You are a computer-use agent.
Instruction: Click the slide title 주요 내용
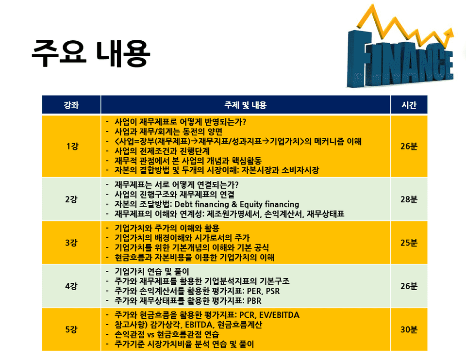tap(91, 53)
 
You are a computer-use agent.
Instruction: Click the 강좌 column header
tap(71, 105)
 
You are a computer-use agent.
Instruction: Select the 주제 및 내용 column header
tap(246, 105)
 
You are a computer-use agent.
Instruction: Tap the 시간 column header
tap(409, 105)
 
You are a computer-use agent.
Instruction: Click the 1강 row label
tap(72, 146)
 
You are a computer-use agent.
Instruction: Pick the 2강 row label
tap(71, 199)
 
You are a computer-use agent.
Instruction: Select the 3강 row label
tap(71, 243)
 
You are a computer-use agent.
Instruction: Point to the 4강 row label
tap(71, 286)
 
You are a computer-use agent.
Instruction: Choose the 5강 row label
tap(71, 329)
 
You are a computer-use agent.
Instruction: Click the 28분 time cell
tap(409, 199)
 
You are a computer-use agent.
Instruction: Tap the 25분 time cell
tap(409, 243)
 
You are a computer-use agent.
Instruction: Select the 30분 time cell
tap(409, 329)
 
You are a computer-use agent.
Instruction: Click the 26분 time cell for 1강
tap(409, 146)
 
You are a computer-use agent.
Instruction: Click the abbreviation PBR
tap(254, 301)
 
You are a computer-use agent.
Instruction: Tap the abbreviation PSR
tap(273, 291)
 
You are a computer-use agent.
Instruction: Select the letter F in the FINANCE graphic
tap(359, 58)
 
